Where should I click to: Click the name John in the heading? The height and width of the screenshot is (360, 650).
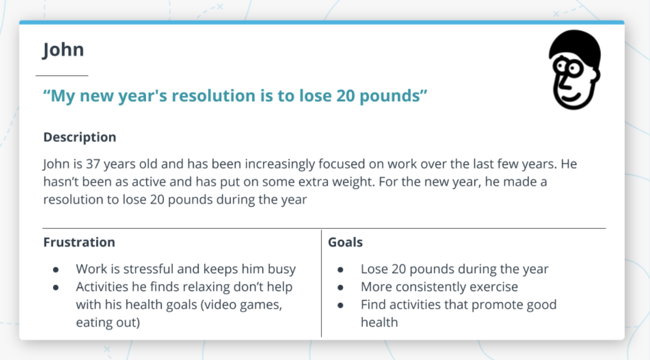63,50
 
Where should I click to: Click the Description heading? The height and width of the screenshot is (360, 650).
80,137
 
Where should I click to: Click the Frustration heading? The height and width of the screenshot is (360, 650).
79,242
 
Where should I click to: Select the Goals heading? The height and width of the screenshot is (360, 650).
345,242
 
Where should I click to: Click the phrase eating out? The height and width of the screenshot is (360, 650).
108,322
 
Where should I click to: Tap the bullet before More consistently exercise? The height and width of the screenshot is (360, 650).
341,287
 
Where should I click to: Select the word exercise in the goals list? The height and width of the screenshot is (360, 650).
493,287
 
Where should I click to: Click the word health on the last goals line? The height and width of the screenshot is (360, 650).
379,322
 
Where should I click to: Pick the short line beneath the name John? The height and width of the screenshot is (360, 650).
62,76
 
